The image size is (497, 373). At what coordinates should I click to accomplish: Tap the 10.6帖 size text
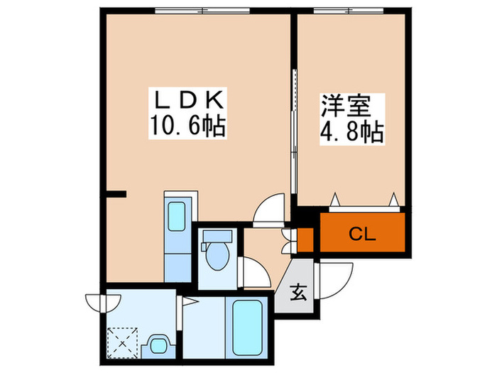pos(187,127)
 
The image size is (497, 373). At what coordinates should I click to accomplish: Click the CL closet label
pos(362,234)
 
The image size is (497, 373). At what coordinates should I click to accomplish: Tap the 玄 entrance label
pos(298,292)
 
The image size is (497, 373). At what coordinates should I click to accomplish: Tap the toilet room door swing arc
pos(253,271)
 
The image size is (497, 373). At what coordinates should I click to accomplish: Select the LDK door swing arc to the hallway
pos(269,210)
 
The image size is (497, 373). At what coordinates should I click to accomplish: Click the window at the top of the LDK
pos(202,11)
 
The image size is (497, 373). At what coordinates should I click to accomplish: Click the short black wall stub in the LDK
pos(116,193)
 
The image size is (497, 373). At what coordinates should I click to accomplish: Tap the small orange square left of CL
pos(305,239)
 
